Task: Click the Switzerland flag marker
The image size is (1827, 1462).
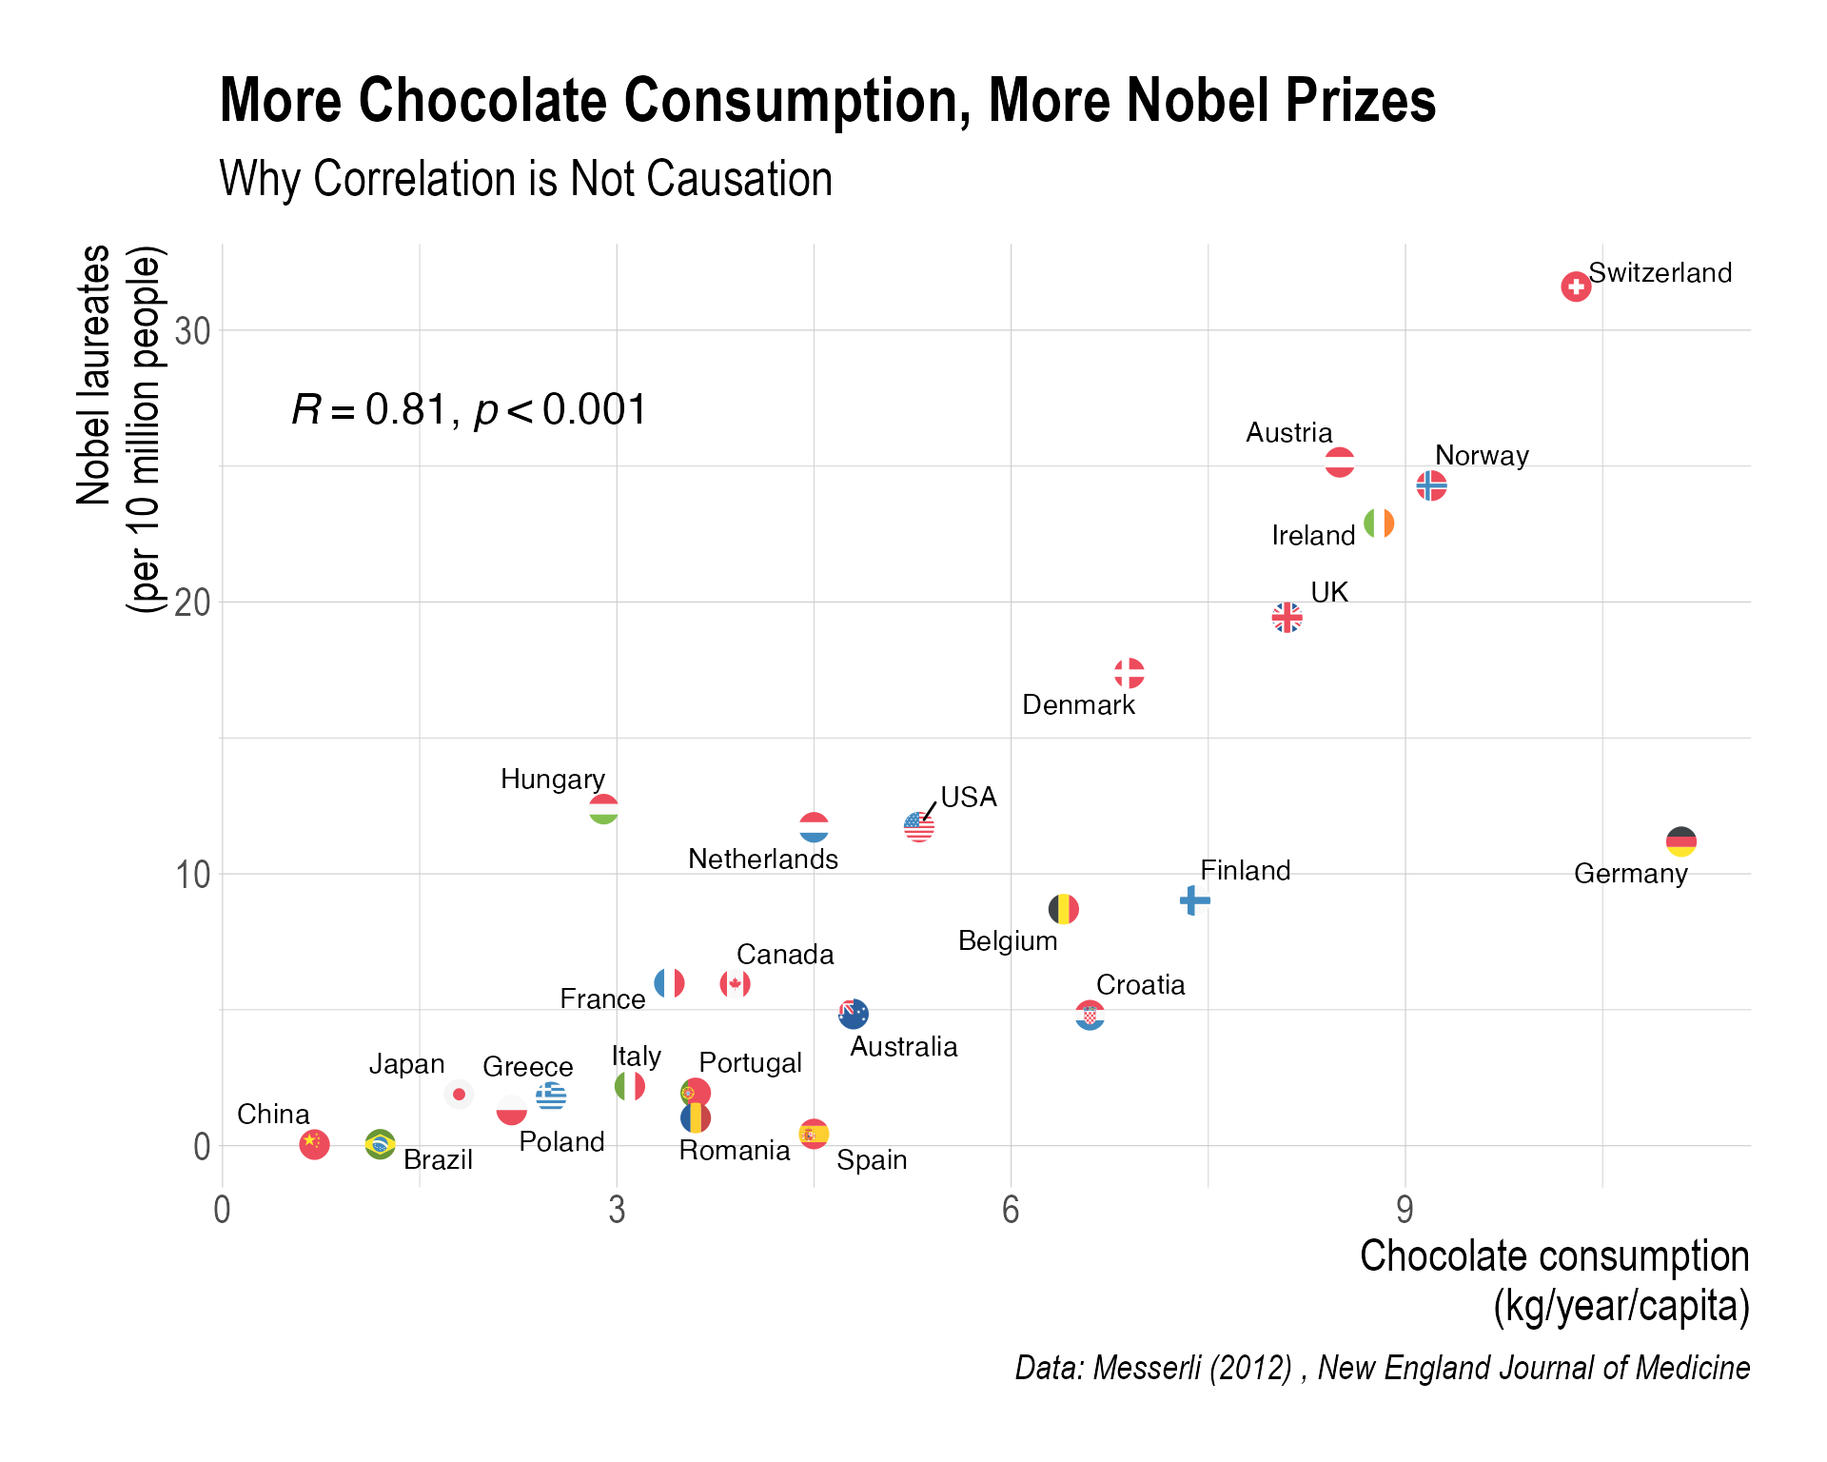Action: point(1576,286)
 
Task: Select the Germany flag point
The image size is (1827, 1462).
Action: point(1681,842)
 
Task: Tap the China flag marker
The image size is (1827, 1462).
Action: point(314,1143)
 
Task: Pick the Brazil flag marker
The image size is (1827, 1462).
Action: point(381,1143)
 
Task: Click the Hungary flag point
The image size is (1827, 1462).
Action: point(603,810)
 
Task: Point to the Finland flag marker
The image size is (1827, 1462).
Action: point(1194,899)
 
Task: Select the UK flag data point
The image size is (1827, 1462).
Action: point(1287,618)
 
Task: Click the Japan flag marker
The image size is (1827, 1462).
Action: point(459,1095)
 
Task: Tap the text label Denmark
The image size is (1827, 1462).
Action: point(1078,705)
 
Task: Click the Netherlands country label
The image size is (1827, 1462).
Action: point(763,859)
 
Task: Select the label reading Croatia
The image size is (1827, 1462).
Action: point(1140,985)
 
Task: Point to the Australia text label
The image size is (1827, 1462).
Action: point(903,1047)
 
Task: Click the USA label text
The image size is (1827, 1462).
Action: point(969,797)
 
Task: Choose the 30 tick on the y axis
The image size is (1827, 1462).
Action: point(192,331)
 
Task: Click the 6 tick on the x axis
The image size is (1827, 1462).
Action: point(1011,1210)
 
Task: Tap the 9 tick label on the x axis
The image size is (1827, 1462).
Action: point(1405,1210)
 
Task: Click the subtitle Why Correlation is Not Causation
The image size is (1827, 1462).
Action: point(526,179)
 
